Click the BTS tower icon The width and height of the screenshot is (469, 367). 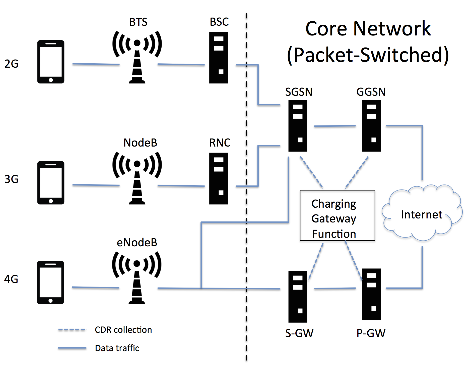[137, 57]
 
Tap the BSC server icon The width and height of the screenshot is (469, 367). [219, 58]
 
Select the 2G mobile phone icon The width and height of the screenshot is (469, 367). [51, 62]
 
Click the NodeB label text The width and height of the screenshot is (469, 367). [140, 143]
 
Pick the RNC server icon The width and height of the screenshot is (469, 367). [219, 178]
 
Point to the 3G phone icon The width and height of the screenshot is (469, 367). [51, 183]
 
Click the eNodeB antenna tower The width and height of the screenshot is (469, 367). [137, 278]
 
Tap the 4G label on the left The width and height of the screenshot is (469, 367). [11, 279]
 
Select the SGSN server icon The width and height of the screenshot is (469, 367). [298, 126]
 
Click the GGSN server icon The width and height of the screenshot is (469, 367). [371, 126]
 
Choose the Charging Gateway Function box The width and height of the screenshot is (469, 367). [338, 215]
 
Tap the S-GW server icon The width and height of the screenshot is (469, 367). [298, 297]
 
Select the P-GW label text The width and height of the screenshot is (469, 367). [371, 333]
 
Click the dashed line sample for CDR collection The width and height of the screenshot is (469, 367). [72, 330]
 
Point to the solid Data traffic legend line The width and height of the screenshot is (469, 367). [72, 348]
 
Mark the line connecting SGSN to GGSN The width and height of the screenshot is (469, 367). [335, 126]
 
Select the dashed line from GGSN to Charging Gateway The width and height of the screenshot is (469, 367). [357, 172]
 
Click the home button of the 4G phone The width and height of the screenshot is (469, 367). [50, 301]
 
